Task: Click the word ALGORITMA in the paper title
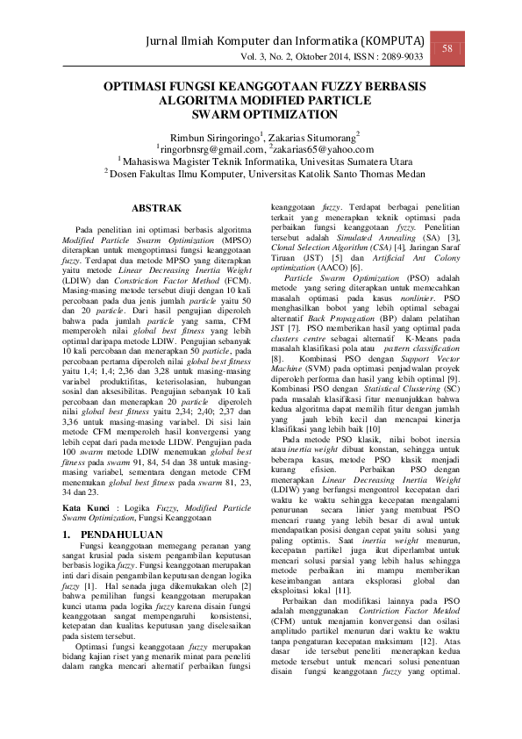click(x=191, y=102)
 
